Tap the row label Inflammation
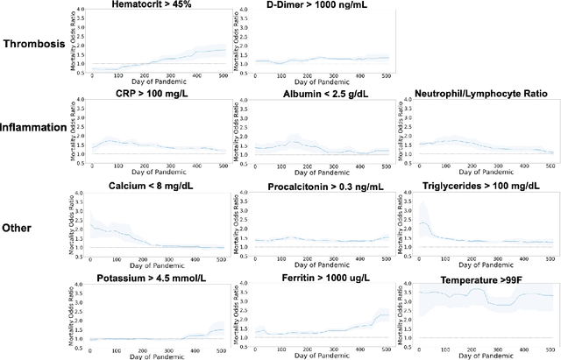34,127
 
